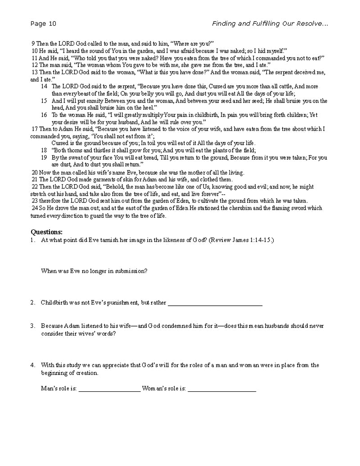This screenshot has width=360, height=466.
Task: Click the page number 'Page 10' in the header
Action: pyautogui.click(x=44, y=24)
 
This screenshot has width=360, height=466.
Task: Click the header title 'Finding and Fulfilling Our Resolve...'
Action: pyautogui.click(x=270, y=24)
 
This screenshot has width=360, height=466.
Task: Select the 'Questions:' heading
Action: pyautogui.click(x=46, y=232)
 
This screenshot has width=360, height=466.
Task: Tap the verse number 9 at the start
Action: pyautogui.click(x=33, y=44)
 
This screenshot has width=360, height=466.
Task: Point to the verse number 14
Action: pyautogui.click(x=44, y=86)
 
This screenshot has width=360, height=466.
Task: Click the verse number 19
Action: pyautogui.click(x=44, y=158)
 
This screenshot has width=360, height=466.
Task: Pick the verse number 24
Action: pyautogui.click(x=35, y=208)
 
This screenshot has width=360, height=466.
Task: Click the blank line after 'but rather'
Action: pyautogui.click(x=215, y=303)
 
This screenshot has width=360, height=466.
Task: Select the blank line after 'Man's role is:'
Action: pyautogui.click(x=109, y=389)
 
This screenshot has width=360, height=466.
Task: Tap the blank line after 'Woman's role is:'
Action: pyautogui.click(x=222, y=389)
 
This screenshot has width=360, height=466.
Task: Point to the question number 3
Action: pyautogui.click(x=33, y=326)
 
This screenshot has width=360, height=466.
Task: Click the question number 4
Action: pyautogui.click(x=33, y=365)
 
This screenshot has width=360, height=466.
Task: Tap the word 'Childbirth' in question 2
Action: pyautogui.click(x=54, y=303)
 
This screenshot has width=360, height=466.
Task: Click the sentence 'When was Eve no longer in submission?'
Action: pyautogui.click(x=94, y=271)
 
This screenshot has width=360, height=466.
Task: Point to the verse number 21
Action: pyautogui.click(x=35, y=179)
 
